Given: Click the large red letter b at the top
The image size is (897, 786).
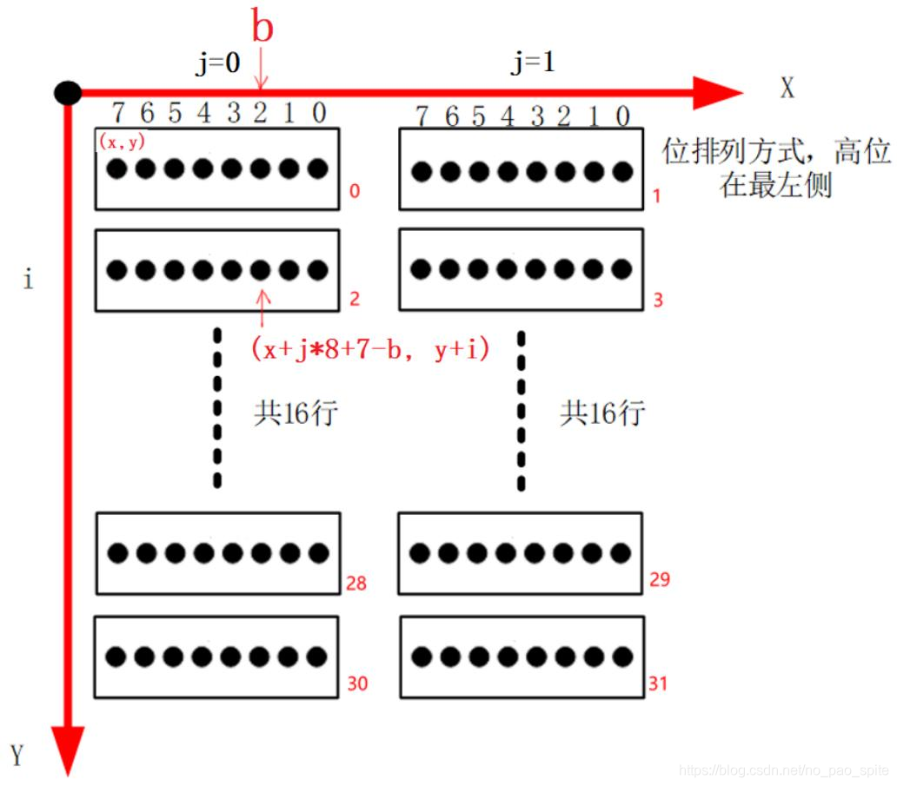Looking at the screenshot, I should coord(262,27).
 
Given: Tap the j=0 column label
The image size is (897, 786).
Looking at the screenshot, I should coord(218,65).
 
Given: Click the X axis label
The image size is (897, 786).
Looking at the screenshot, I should coord(787,89).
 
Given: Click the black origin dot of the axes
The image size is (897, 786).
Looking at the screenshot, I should coord(67,92).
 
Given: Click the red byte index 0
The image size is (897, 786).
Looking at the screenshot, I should coord(354,190).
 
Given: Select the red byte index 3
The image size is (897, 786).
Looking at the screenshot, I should coord(658,300).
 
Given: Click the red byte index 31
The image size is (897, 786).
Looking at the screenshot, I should coord(658,684).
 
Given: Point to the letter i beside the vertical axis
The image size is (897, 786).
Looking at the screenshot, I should coord(28,281).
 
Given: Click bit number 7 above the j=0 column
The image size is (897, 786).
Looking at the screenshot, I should coord(119,113).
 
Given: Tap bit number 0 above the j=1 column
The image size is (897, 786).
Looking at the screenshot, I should coord(622,116).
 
